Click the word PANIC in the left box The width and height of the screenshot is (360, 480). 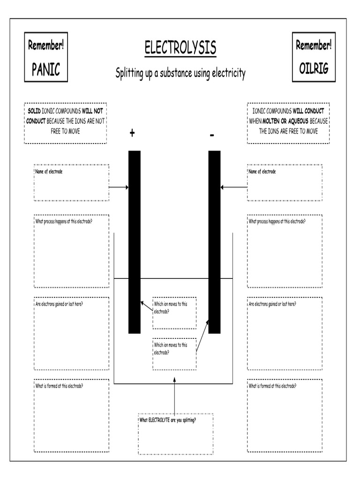click(x=46, y=69)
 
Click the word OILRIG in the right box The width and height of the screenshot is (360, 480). click(x=314, y=68)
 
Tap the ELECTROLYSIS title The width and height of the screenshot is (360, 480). click(x=180, y=47)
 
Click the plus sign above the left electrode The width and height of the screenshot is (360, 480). click(x=132, y=134)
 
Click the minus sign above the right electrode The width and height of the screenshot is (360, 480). click(x=212, y=135)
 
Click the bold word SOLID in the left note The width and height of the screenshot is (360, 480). click(x=34, y=111)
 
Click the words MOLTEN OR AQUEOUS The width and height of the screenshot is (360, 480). click(x=285, y=121)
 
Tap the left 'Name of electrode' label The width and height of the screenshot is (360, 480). click(x=49, y=172)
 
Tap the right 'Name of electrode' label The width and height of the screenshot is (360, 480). click(x=262, y=172)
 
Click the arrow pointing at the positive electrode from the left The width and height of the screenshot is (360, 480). click(x=119, y=187)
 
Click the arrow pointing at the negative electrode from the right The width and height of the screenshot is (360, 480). click(x=234, y=187)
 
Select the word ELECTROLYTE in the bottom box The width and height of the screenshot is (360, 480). click(x=159, y=420)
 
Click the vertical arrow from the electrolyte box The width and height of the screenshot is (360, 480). click(x=174, y=398)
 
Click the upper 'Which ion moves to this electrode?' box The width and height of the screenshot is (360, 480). click(x=174, y=312)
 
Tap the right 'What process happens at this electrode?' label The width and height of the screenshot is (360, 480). click(x=277, y=221)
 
